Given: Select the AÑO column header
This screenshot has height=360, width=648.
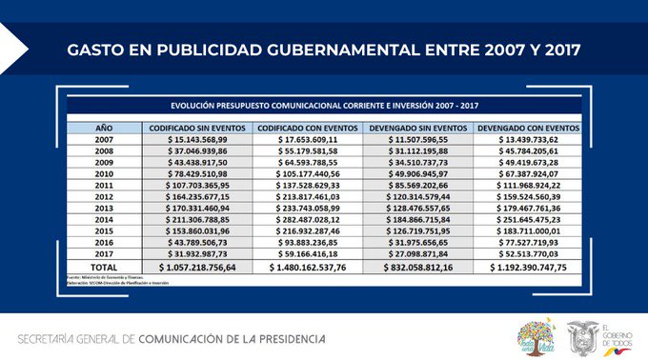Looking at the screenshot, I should pos(103,127).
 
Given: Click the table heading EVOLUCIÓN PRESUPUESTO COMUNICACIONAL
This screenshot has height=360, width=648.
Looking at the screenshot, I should pos(324,105).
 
